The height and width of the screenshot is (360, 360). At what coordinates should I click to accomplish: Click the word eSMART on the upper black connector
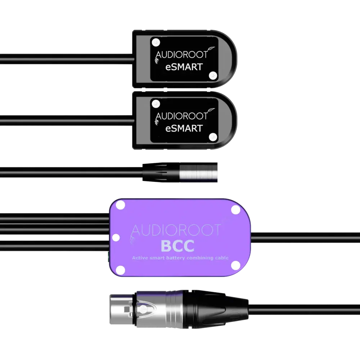(184, 67)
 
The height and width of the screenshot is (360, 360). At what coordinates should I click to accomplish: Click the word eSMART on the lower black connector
(184, 129)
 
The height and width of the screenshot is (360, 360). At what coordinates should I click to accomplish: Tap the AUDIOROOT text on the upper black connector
(181, 55)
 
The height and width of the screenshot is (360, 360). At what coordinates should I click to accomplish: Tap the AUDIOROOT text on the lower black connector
(181, 116)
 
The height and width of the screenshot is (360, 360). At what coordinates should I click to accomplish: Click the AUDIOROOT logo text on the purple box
(176, 230)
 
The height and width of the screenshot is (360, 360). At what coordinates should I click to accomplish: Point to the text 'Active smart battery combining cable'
(180, 258)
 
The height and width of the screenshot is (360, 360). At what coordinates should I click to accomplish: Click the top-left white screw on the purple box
(121, 205)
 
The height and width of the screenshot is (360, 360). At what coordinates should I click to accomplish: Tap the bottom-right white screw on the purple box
(235, 265)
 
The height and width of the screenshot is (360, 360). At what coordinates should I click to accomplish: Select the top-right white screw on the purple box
(235, 210)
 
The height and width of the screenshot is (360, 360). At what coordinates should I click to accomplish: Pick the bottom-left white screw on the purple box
(121, 270)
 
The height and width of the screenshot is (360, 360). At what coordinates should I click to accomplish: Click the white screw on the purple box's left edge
(116, 238)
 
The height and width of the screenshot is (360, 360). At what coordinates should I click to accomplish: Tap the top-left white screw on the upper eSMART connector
(156, 42)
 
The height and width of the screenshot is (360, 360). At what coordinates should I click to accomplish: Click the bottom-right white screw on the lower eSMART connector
(213, 137)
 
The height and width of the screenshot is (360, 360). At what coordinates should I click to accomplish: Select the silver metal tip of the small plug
(198, 172)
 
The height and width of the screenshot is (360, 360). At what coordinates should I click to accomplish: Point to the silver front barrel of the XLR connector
(123, 309)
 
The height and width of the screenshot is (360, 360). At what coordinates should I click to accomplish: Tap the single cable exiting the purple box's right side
(305, 238)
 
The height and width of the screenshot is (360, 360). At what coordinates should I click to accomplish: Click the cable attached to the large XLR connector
(304, 310)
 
